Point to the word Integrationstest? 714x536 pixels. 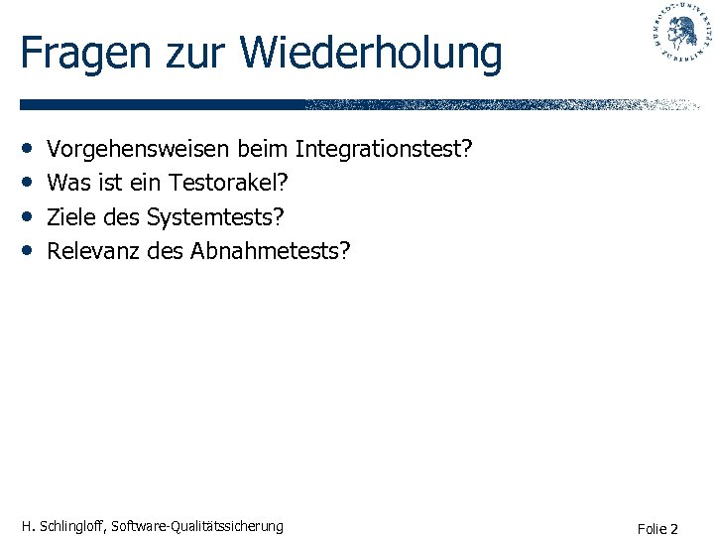[x=384, y=150]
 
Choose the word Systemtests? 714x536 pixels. [x=222, y=216]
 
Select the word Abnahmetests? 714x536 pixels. [x=271, y=250]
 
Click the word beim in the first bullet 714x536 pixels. [x=262, y=150]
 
